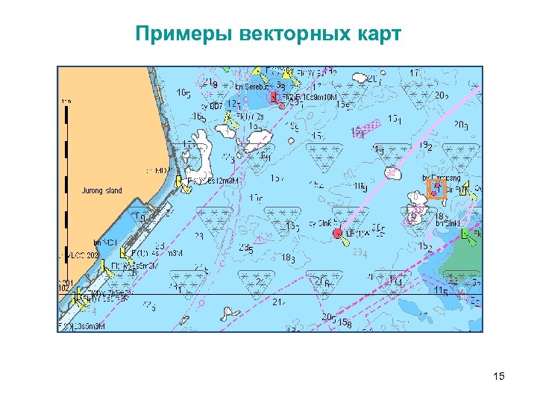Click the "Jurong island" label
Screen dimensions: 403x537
click(102, 191)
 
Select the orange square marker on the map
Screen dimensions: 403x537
click(436, 190)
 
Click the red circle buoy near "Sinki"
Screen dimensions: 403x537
click(337, 234)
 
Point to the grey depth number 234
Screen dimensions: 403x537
click(360, 254)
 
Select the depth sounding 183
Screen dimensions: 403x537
click(289, 258)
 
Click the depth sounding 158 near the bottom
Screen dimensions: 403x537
click(345, 322)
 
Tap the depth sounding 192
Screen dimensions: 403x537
click(426, 146)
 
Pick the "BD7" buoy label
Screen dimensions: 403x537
click(213, 107)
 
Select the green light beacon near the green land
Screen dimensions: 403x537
click(468, 235)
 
